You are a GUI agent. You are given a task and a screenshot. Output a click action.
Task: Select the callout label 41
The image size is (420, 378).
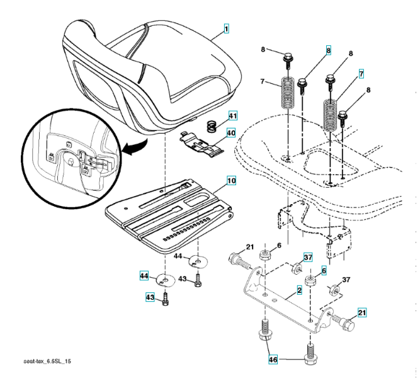(x=232, y=116)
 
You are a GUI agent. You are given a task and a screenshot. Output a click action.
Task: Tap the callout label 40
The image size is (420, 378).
(x=231, y=133)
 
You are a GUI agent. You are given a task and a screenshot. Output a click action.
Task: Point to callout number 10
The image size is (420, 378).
(x=231, y=181)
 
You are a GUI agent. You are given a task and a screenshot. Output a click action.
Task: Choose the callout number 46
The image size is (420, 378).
(x=272, y=359)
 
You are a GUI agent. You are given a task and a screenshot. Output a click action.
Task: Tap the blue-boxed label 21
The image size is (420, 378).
(x=363, y=312)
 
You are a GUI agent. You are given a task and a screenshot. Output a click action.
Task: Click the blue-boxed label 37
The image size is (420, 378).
(x=308, y=257)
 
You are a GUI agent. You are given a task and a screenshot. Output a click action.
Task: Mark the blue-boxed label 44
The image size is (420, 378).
(x=145, y=275)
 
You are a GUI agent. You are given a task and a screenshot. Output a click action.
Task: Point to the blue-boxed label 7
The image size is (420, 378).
(x=362, y=74)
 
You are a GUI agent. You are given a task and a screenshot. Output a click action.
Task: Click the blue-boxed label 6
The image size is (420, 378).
(x=324, y=270)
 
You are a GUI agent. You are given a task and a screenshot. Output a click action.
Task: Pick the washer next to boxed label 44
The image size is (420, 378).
(x=166, y=277)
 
